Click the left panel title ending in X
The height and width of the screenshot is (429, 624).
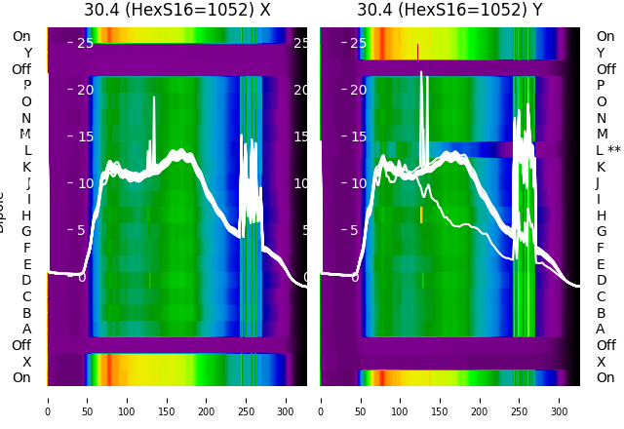point(176,10)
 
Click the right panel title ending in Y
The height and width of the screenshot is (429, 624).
point(449,10)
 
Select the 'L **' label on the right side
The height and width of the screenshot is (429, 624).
point(607,150)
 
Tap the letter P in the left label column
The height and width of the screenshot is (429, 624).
point(26,86)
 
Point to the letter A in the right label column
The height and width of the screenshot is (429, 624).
point(601,329)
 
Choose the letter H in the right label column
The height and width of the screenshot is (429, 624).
point(601,215)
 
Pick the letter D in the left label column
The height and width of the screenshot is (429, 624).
point(26,280)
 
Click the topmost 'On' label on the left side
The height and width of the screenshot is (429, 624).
point(21,36)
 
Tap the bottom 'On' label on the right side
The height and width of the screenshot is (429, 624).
point(605,377)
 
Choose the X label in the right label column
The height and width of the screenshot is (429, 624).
point(601,362)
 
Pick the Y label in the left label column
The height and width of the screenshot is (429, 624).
point(26,53)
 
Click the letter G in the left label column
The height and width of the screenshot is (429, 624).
point(26,231)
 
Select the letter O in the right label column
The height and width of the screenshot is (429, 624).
point(601,101)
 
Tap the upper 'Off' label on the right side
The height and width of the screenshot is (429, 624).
point(605,69)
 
